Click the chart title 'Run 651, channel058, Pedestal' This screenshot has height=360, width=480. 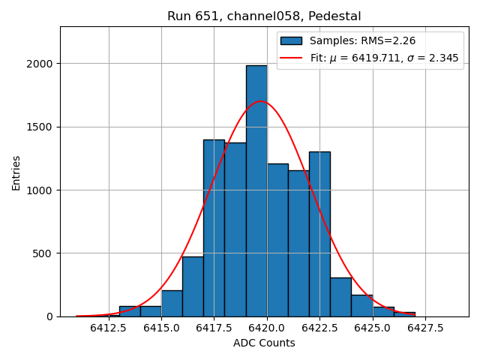point(264,16)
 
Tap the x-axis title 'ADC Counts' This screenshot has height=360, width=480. point(264,343)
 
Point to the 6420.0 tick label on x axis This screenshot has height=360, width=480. point(267,328)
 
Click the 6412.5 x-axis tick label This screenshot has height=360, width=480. point(109,328)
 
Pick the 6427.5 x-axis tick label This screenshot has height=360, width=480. point(425,328)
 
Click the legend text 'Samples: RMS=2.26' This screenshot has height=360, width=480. point(363,40)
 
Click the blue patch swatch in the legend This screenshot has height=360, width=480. point(291,40)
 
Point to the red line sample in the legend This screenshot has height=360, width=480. point(291,58)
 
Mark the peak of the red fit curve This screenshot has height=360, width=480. point(261,101)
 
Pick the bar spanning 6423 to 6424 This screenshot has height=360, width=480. point(340,297)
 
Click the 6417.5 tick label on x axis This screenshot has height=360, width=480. point(214,328)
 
